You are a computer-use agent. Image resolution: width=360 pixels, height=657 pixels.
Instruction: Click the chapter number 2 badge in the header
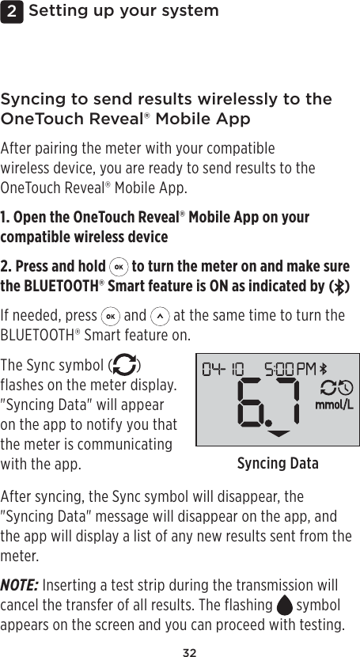pos(11,11)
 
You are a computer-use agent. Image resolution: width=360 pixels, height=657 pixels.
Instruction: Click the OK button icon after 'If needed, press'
pos(110,317)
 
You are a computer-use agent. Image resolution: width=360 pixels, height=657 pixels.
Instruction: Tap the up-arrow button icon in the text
pos(160,317)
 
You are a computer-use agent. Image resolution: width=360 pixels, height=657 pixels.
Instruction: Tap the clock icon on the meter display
pos(346,389)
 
